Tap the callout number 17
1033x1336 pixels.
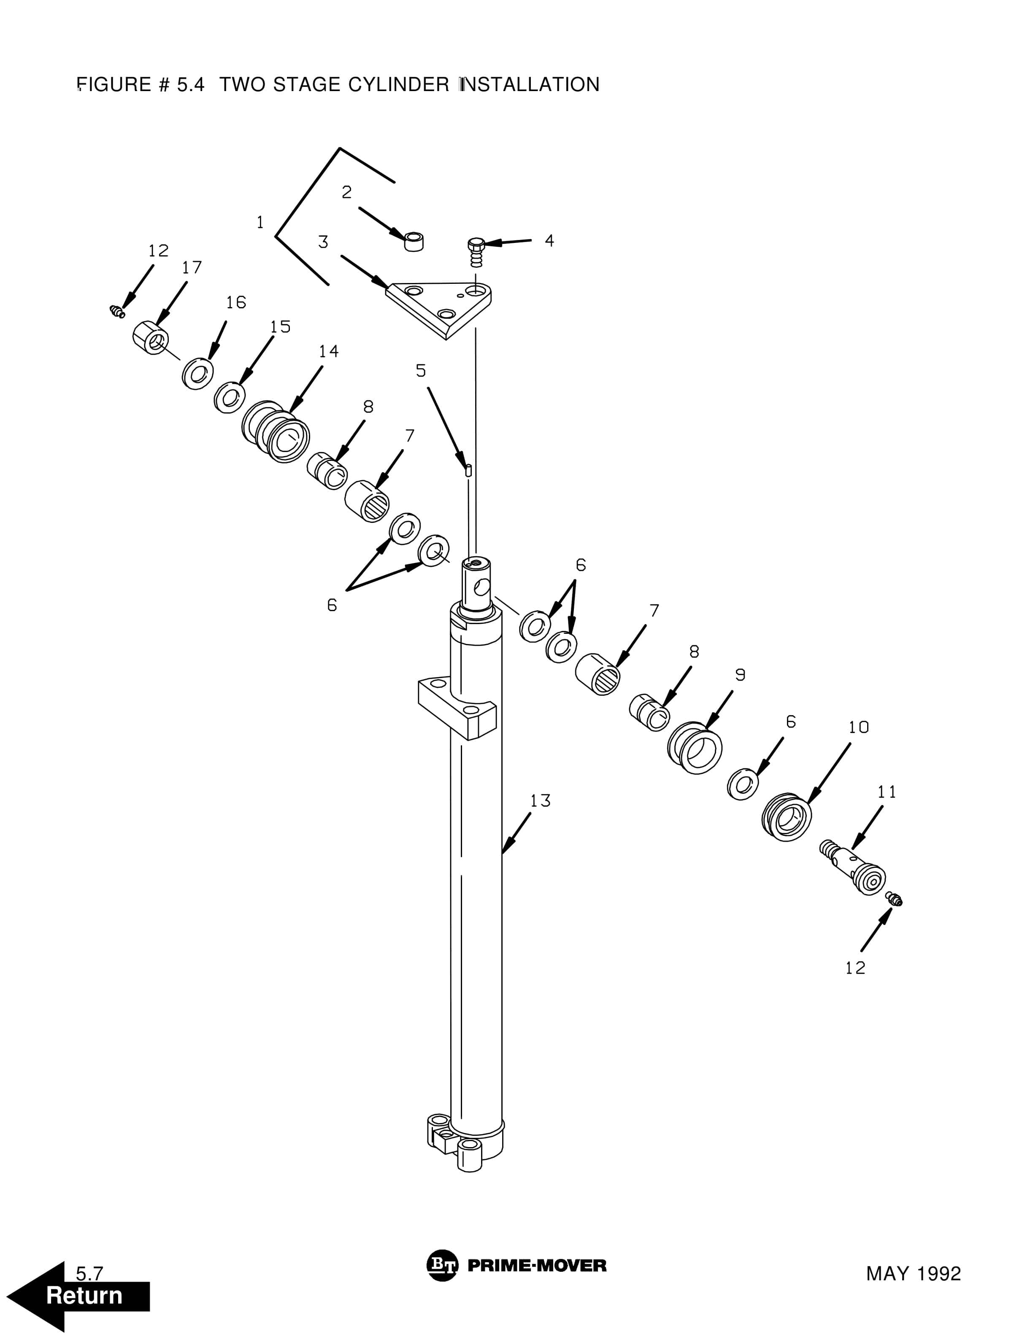[192, 267]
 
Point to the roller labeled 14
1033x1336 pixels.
[277, 431]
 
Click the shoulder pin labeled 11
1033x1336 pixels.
[854, 866]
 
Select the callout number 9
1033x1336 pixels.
[740, 675]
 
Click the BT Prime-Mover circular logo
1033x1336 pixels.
[442, 1265]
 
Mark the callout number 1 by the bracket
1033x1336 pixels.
[260, 222]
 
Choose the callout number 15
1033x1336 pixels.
[280, 327]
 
